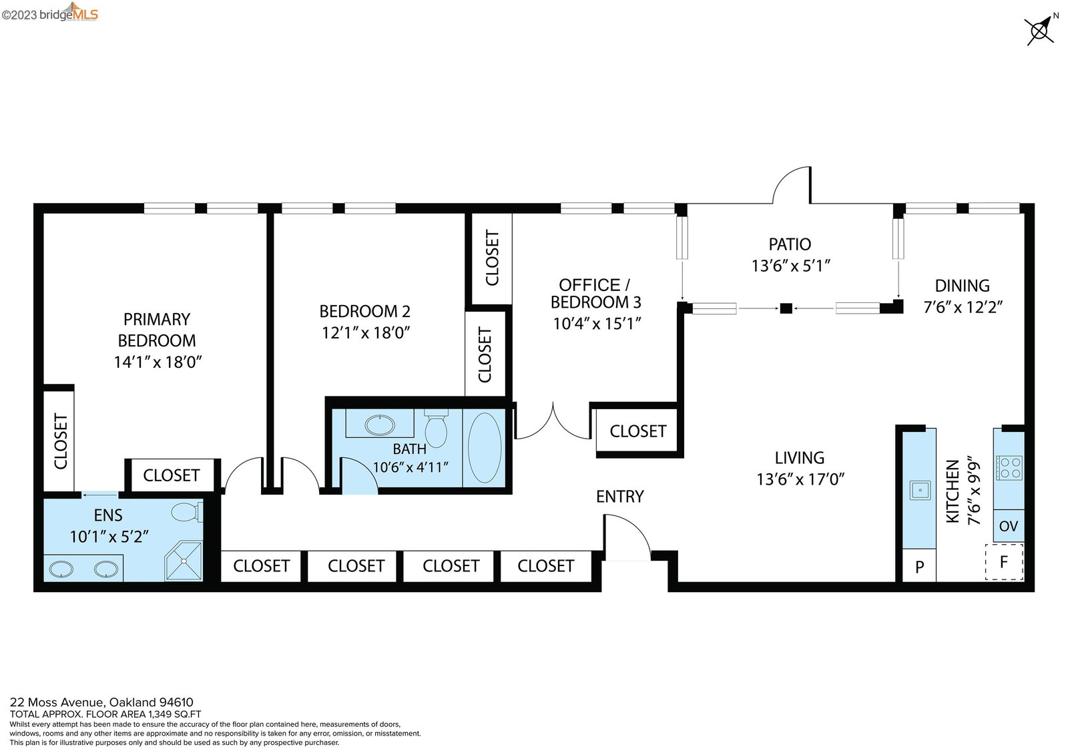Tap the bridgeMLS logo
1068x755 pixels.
pos(49,13)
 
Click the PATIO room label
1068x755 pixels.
pos(790,244)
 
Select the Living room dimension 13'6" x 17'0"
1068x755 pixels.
pos(800,479)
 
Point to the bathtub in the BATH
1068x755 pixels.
pos(485,448)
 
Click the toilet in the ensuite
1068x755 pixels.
pos(187,512)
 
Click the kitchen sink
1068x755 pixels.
pos(920,490)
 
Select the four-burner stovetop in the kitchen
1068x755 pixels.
pos(1009,468)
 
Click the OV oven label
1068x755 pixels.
pos(1009,526)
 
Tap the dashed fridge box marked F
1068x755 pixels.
pos(1004,562)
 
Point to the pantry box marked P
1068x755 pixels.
pos(920,565)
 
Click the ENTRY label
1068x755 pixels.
pos(620,497)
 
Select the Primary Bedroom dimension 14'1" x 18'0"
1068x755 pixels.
pos(158,362)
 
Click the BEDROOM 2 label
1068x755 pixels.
pos(364,311)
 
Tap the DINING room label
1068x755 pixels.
pos(962,286)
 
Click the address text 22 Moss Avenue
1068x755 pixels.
pos(57,702)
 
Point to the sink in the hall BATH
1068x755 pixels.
pos(380,425)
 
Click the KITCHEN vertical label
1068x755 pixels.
pos(952,491)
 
